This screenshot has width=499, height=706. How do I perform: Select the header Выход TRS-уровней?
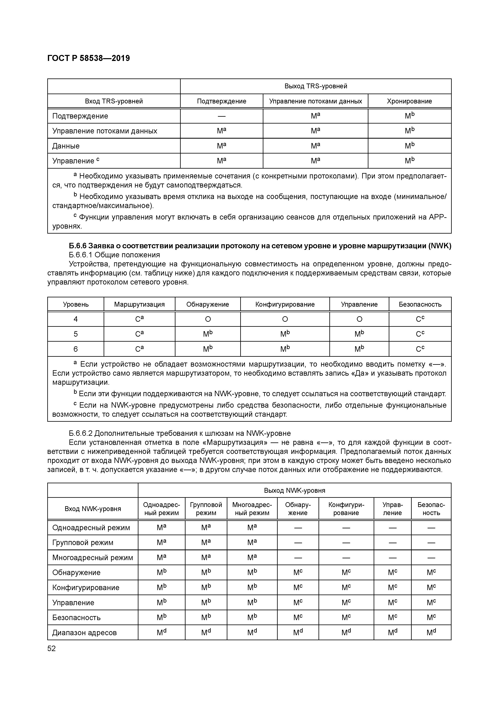[315, 86]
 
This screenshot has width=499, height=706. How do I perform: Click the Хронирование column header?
[409, 101]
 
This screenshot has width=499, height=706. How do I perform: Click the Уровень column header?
[76, 304]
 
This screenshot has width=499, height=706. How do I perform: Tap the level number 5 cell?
[76, 334]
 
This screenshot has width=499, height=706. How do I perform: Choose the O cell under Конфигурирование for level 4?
[285, 319]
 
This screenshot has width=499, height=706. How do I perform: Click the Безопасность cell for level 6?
[420, 349]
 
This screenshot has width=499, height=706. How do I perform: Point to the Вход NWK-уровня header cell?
[93, 509]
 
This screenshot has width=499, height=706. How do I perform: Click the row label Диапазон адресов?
[84, 633]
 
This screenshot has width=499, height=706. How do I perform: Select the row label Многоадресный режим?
[93, 558]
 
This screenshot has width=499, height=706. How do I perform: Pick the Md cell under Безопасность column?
[431, 633]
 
